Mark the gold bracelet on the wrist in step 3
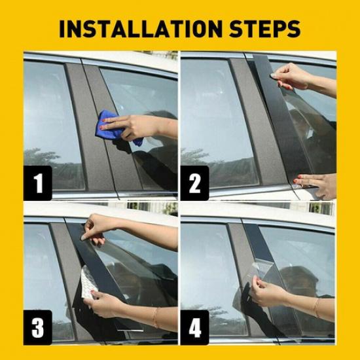pos(156,315)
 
